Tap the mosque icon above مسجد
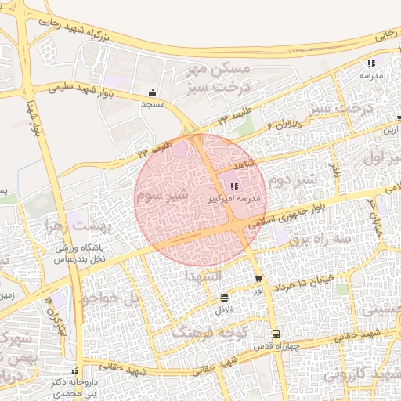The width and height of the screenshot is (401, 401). tap(151, 92)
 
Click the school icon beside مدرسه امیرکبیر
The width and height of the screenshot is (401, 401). tap(234, 186)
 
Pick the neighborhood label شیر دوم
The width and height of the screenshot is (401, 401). tap(291, 180)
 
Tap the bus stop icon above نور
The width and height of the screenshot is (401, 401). tap(258, 279)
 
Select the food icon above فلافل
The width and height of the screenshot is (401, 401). tap(225, 298)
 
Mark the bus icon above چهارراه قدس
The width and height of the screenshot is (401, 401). tap(274, 334)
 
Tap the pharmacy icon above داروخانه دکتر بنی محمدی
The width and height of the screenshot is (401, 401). tap(74, 370)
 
